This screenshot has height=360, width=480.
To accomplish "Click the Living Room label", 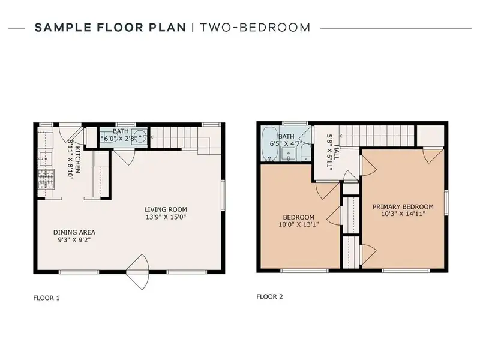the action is click(x=166, y=209).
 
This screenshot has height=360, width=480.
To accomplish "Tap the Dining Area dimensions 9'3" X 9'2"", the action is click(x=74, y=239).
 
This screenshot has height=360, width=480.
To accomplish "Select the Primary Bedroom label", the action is click(x=403, y=206).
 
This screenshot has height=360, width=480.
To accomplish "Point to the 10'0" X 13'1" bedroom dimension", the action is click(x=298, y=224).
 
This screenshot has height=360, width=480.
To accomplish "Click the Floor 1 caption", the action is click(x=46, y=298).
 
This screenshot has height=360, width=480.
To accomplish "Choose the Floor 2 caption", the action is click(x=269, y=296).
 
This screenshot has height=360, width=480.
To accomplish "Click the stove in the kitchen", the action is click(x=46, y=179).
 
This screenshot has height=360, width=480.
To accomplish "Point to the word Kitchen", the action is click(x=78, y=160).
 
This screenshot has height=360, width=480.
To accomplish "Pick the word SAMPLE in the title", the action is click(x=63, y=28).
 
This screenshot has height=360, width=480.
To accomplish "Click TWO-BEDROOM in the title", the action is click(x=255, y=28).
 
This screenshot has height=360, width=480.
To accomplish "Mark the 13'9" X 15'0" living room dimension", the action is click(x=166, y=217).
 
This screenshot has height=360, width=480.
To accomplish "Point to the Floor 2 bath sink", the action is click(x=289, y=154).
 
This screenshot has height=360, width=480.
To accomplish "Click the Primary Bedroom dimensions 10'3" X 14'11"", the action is click(x=403, y=214).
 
